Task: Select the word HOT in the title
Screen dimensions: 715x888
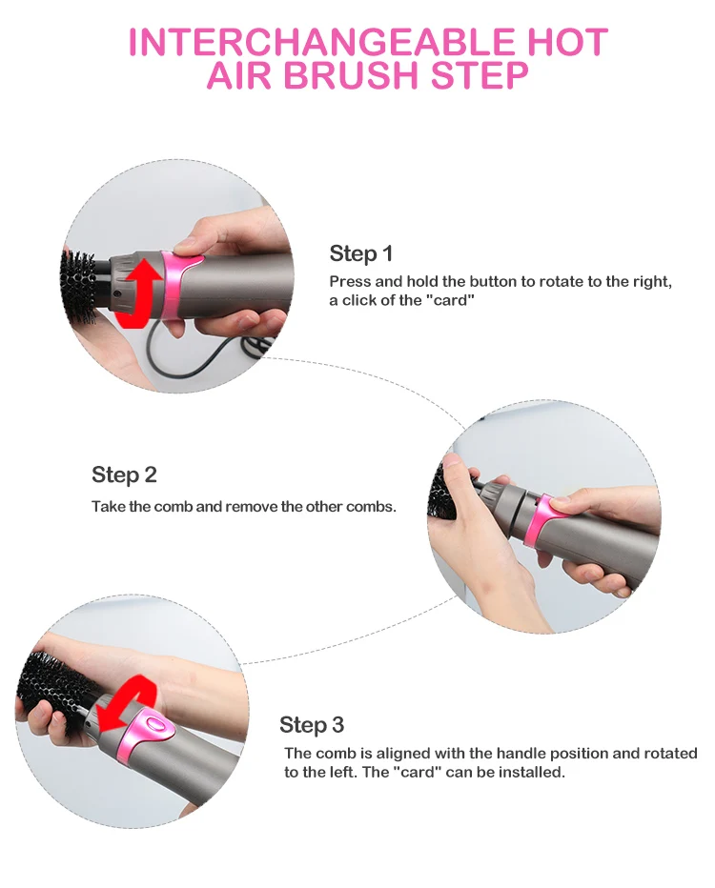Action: coord(560,41)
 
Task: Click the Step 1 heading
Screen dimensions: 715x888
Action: coord(361,253)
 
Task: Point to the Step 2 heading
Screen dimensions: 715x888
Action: coord(124,474)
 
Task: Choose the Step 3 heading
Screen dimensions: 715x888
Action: coord(312,724)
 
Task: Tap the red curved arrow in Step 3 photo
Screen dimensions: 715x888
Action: coord(128,702)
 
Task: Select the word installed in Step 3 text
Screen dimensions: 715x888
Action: coord(534,772)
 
